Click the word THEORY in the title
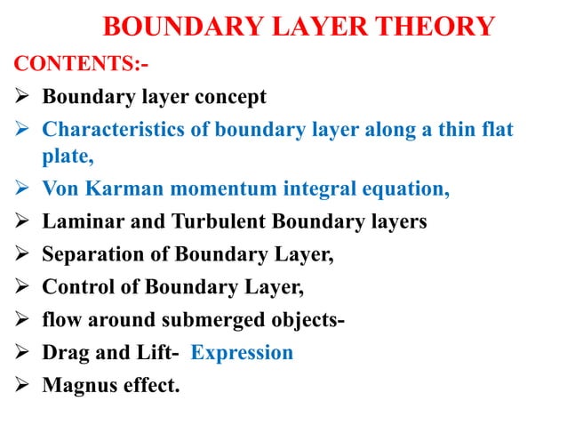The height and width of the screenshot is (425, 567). [x=437, y=27]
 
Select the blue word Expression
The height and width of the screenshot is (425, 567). [x=242, y=352]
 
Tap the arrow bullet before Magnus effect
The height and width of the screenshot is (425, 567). [x=21, y=385]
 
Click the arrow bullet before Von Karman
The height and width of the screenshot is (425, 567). [x=21, y=189]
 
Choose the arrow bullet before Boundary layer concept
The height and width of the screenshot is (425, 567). [x=21, y=95]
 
